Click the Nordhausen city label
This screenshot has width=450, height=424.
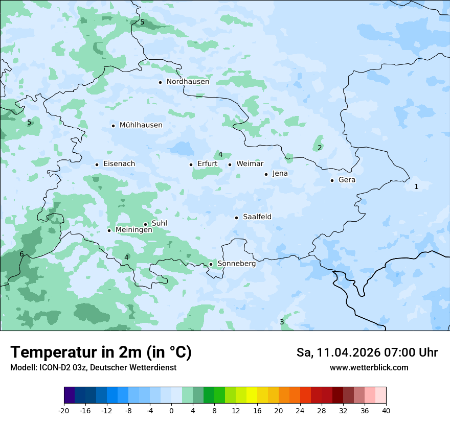pyautogui.click(x=188, y=82)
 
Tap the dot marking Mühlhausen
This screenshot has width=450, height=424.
pyautogui.click(x=113, y=126)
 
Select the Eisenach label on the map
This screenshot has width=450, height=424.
pyautogui.click(x=119, y=164)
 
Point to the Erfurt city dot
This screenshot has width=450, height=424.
pyautogui.click(x=191, y=164)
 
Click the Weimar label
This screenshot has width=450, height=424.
pyautogui.click(x=250, y=164)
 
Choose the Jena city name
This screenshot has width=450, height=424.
pyautogui.click(x=280, y=174)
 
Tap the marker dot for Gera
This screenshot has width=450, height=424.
pyautogui.click(x=332, y=180)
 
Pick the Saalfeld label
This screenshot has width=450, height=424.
pyautogui.click(x=257, y=217)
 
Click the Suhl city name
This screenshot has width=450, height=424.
pyautogui.click(x=160, y=223)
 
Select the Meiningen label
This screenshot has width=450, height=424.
pyautogui.click(x=133, y=230)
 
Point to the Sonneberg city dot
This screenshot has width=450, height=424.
pyautogui.click(x=211, y=264)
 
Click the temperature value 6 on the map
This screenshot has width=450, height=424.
pyautogui.click(x=21, y=254)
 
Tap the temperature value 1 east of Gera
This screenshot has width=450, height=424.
pyautogui.click(x=416, y=187)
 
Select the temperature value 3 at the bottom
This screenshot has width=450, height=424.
pyautogui.click(x=282, y=322)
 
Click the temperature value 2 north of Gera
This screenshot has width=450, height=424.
pyautogui.click(x=320, y=148)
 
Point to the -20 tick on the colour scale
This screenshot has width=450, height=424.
pyautogui.click(x=64, y=411)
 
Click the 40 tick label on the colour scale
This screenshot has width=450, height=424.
pyautogui.click(x=386, y=411)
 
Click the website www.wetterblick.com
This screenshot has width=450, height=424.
pyautogui.click(x=369, y=368)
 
